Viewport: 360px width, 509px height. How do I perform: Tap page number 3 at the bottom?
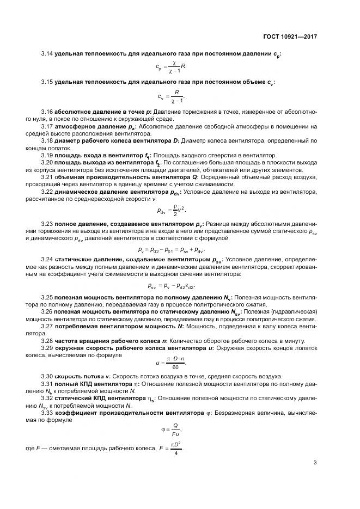click(x=315, y=464)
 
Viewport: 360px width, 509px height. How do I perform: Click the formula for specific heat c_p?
click(x=171, y=68)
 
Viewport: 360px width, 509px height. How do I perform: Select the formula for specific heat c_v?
click(x=171, y=97)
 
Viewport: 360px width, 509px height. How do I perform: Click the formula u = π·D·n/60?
click(x=171, y=361)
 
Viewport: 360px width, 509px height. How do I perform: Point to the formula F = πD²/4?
click(x=169, y=449)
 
